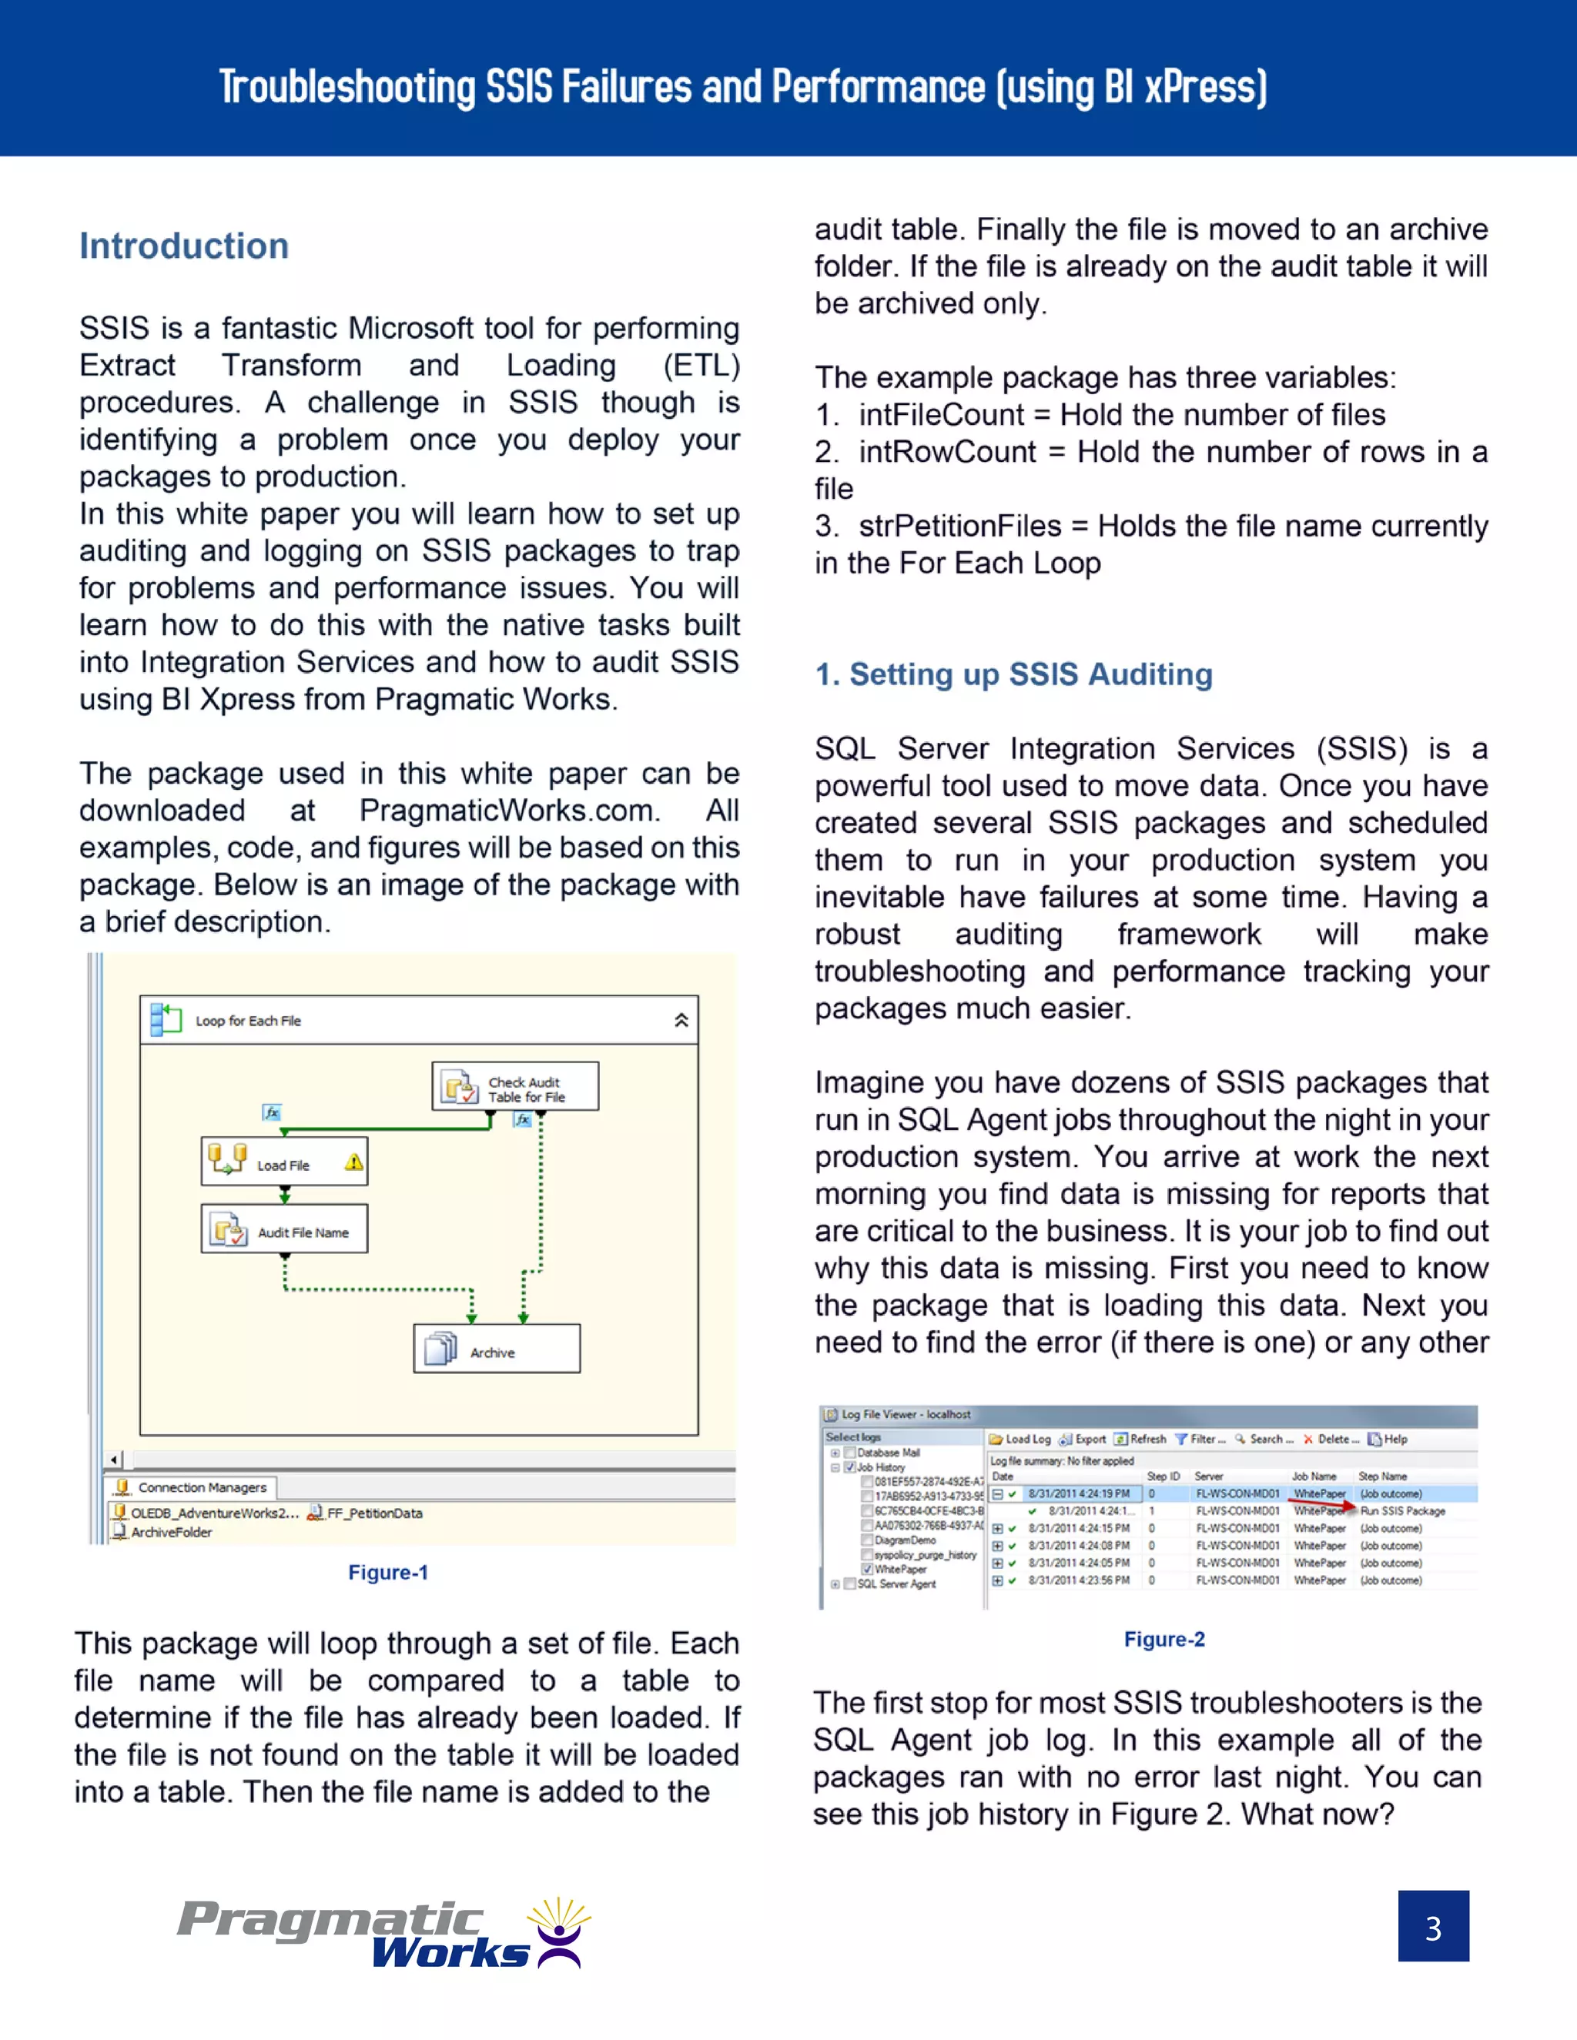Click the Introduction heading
(x=184, y=246)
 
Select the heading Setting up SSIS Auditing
(x=1013, y=674)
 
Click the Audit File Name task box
(x=284, y=1230)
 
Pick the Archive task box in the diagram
(x=496, y=1349)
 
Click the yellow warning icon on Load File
(x=353, y=1162)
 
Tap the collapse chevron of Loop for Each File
(x=681, y=1020)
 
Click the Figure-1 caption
(x=388, y=1573)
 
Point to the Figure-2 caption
(x=1164, y=1639)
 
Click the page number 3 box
(x=1433, y=1926)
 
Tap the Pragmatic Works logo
(x=383, y=1934)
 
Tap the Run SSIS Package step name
(x=1402, y=1510)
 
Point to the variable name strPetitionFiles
(x=959, y=526)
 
